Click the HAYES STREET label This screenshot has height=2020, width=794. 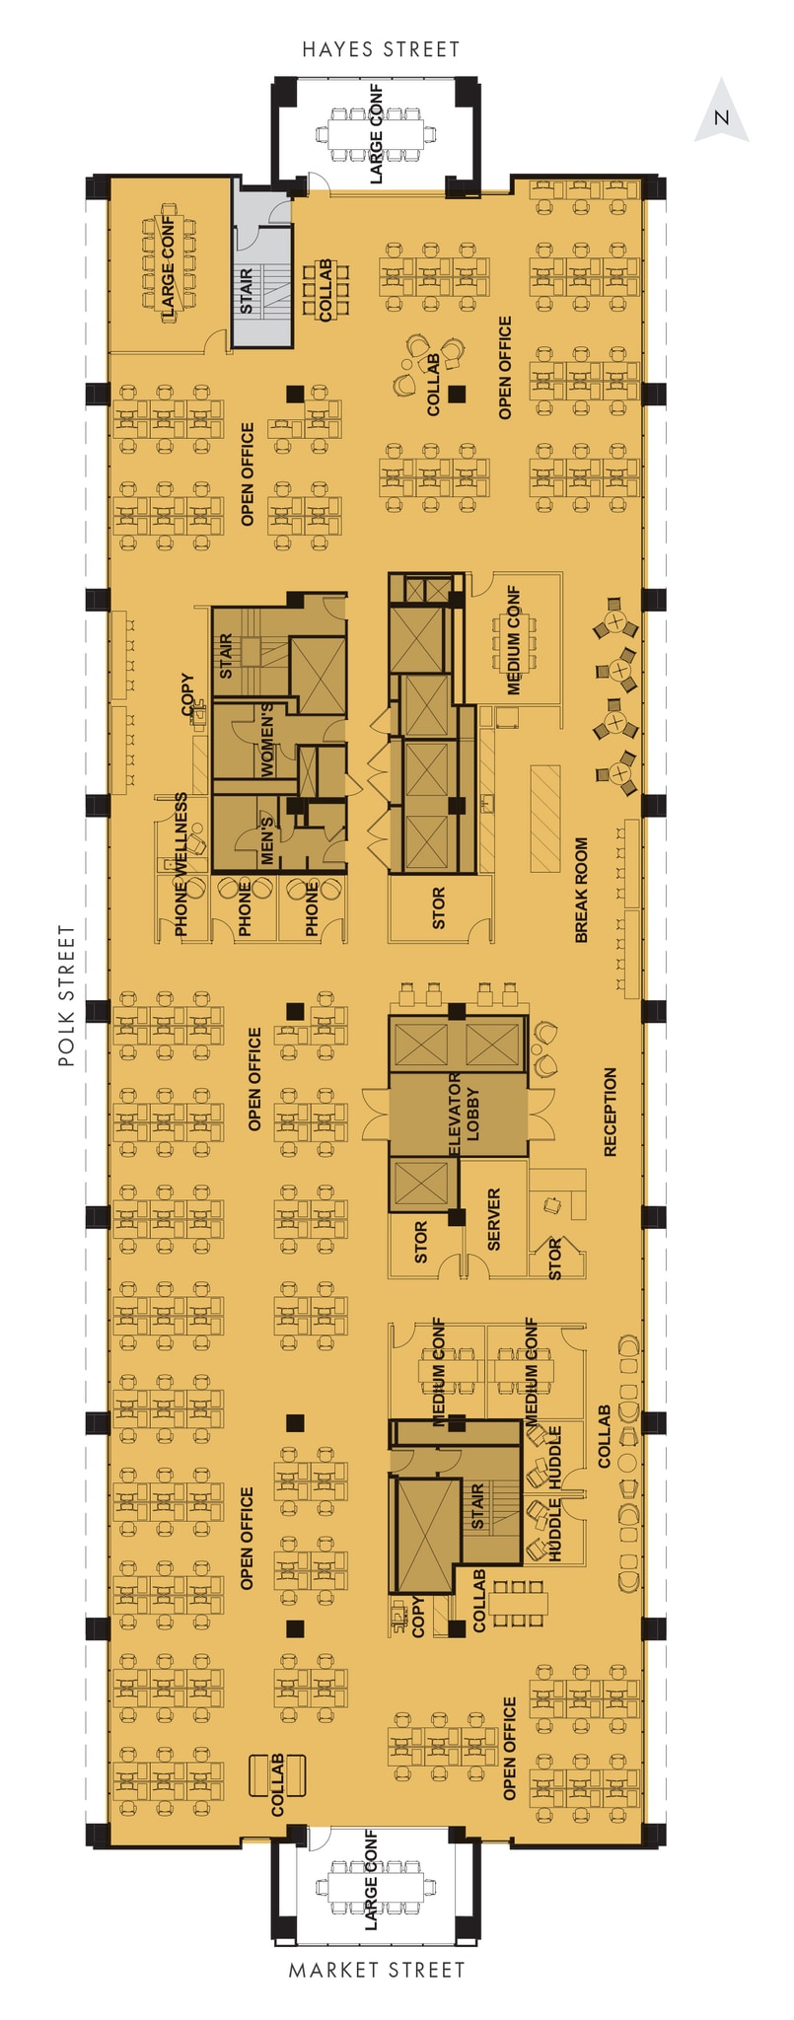pos(381,48)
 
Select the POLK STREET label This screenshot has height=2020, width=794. pos(66,995)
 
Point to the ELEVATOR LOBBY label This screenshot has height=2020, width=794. pos(464,1116)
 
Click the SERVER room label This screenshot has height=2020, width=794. pos(494,1219)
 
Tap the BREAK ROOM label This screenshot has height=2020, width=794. pos(581,890)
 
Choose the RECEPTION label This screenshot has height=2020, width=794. pos(610,1112)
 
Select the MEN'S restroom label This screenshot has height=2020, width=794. pos(266,839)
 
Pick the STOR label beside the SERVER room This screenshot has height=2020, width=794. pos(421,1243)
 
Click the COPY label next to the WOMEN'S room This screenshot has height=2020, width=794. pos(187,694)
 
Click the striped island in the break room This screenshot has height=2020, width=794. pos(545,818)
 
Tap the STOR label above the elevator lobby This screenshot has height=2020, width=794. pos(438,908)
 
